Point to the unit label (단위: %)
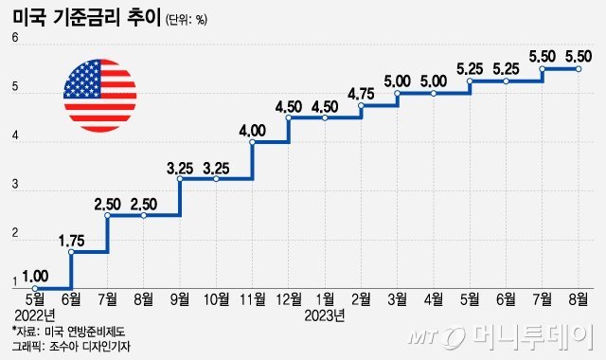186,19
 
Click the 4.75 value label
361,94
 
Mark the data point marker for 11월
252,142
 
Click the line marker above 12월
288,117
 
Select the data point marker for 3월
397,94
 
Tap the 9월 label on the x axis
180,300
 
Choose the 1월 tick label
325,300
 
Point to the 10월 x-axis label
217,300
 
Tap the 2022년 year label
34,315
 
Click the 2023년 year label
326,315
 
